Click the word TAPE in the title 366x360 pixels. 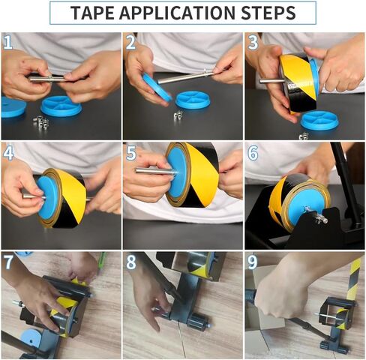click(94, 13)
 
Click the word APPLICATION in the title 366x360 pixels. click(180, 13)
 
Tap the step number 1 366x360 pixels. click(8, 42)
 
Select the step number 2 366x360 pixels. click(130, 42)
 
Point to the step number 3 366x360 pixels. click(253, 42)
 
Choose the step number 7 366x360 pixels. click(8, 262)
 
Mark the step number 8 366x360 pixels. click(130, 262)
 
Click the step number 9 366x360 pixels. click(253, 262)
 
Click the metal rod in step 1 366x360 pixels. click(49, 78)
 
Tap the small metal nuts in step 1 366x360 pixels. click(40, 121)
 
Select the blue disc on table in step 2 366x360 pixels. click(193, 100)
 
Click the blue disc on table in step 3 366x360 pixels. click(319, 120)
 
